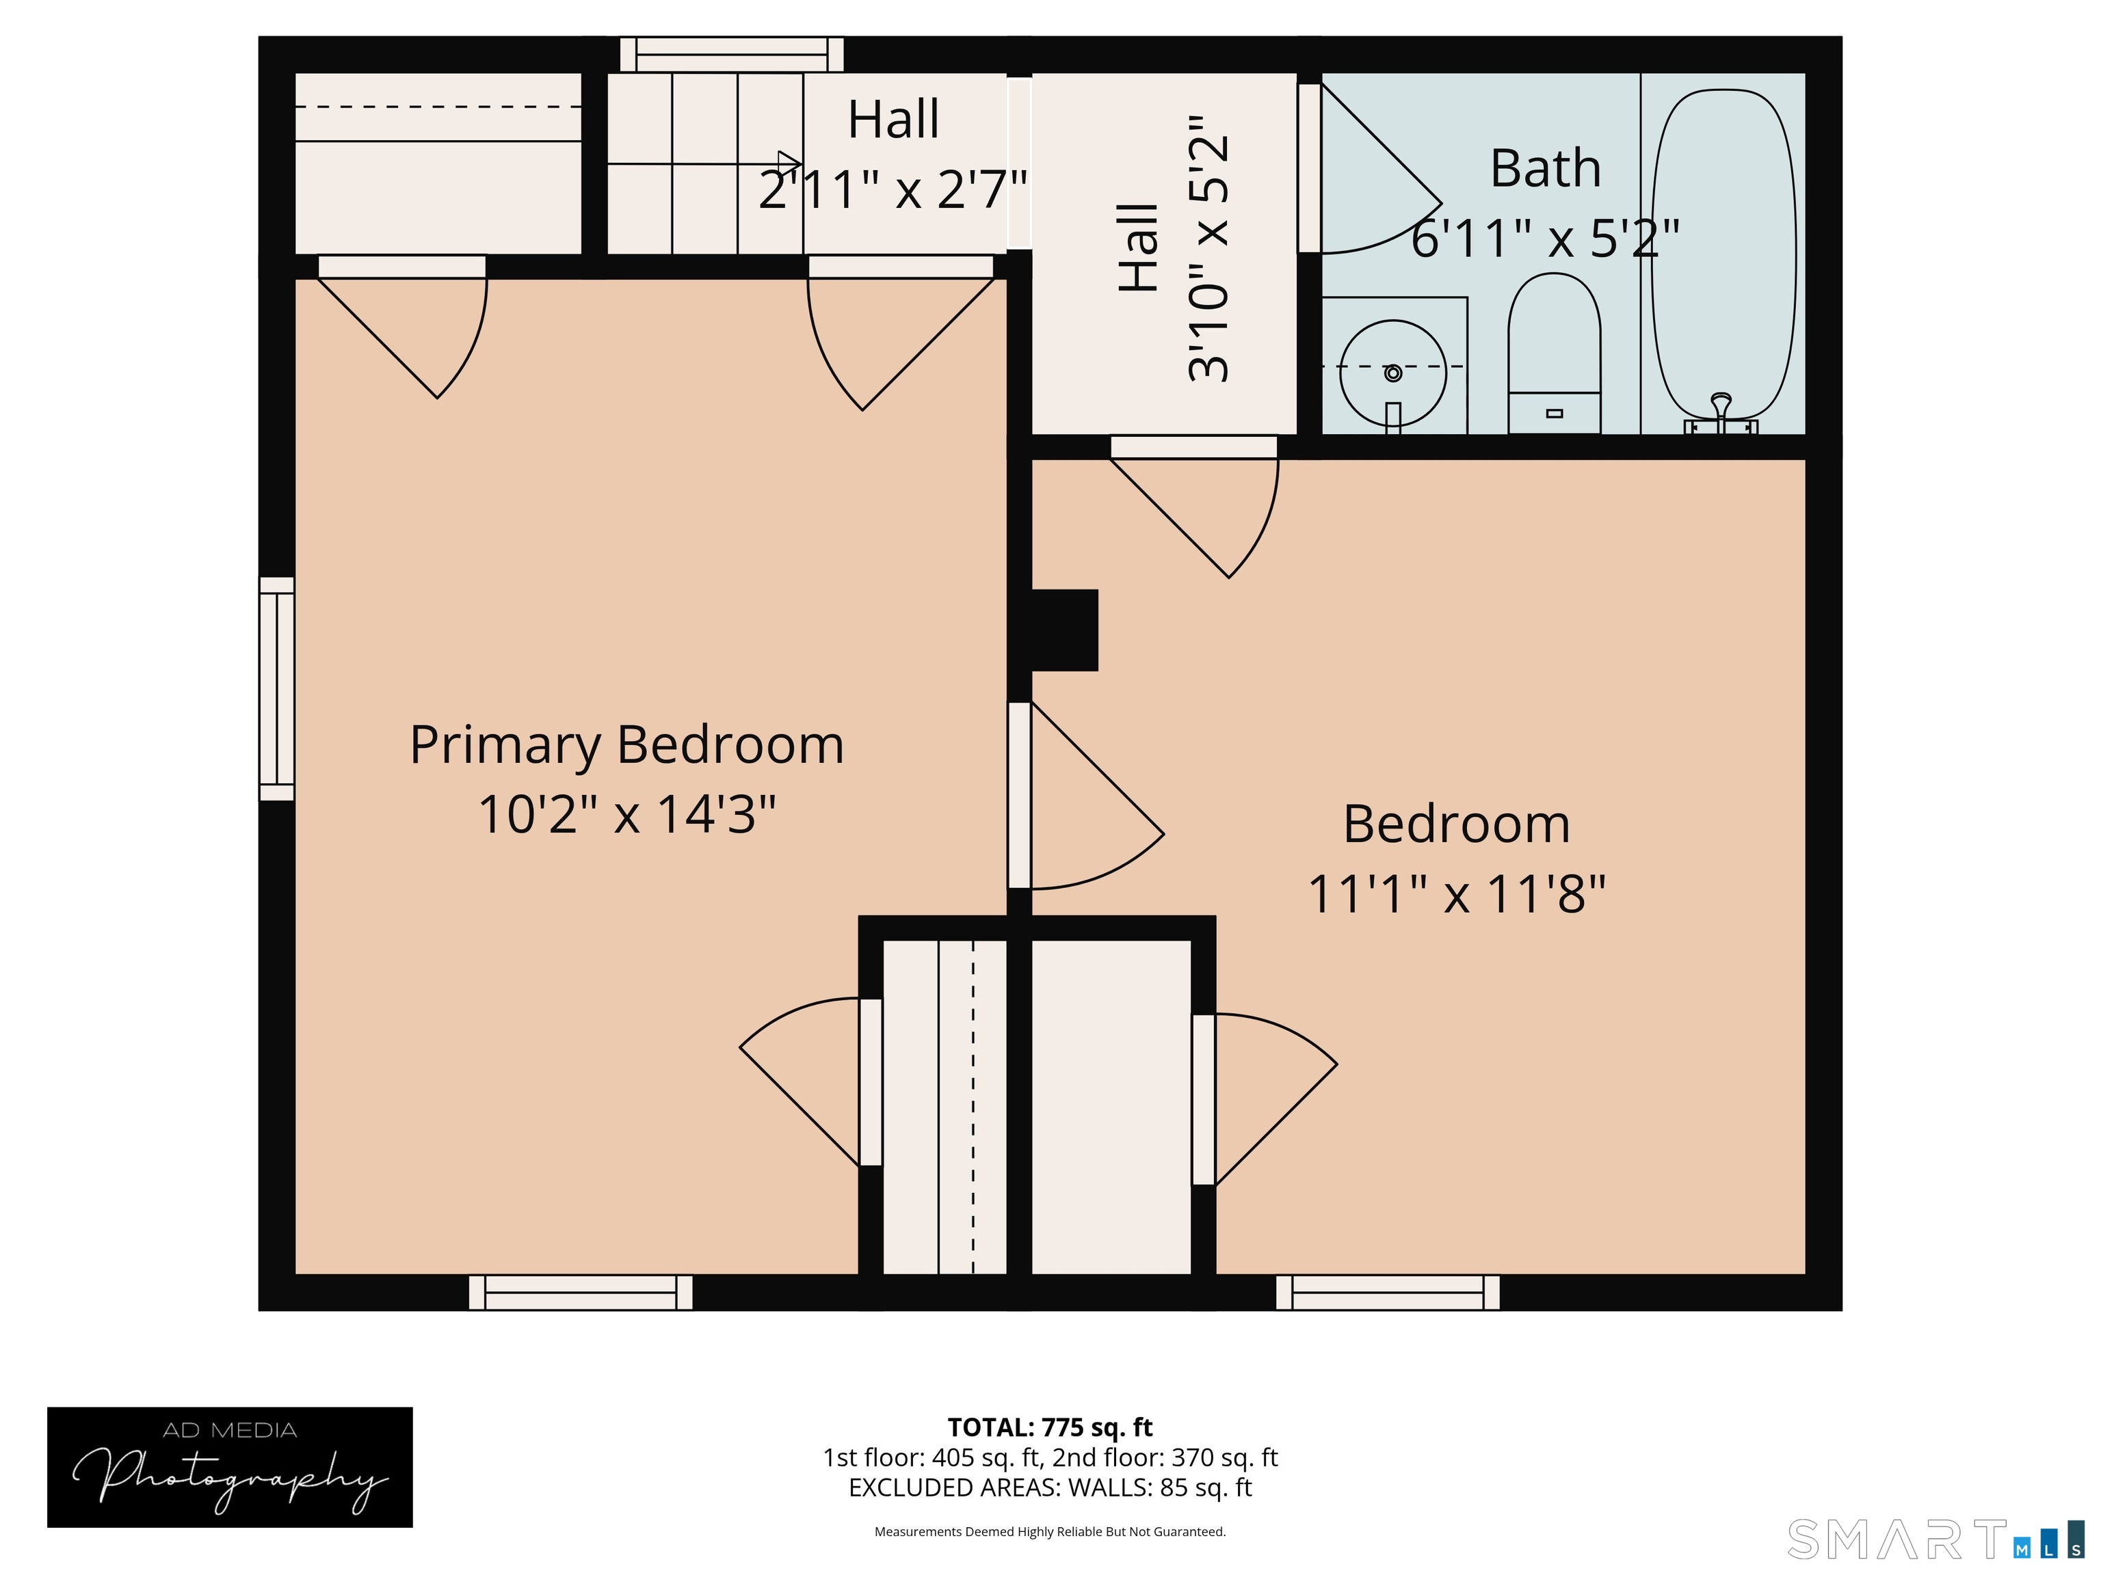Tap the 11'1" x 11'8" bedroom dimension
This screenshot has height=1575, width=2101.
1456,894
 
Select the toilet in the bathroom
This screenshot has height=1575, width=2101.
1554,353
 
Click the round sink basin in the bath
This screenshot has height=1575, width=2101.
1392,372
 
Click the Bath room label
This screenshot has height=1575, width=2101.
1546,169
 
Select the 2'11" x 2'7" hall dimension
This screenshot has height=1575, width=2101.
893,189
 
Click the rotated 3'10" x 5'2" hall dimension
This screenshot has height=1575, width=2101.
1208,249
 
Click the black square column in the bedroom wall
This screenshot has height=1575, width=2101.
1065,630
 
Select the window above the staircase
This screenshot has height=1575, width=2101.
731,54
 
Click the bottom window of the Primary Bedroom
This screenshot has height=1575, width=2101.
581,1292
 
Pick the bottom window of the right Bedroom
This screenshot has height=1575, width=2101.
1388,1292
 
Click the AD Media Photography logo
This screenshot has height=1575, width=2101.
230,1467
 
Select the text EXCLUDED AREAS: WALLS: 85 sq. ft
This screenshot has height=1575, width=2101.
1050,1487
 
